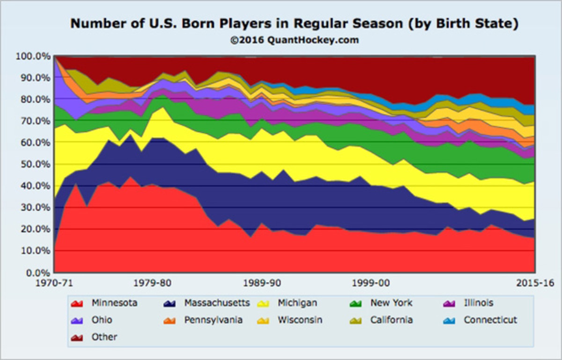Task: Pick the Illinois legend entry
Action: click(478, 303)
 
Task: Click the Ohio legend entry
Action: click(102, 320)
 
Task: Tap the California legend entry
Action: click(392, 320)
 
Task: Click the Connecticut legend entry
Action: click(490, 320)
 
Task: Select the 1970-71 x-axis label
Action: click(55, 283)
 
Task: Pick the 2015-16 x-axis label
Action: click(534, 283)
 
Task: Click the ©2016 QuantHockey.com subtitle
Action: click(294, 40)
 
